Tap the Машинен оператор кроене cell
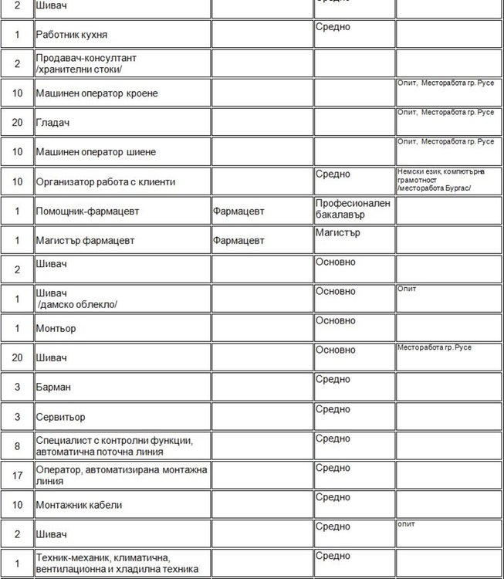[96, 93]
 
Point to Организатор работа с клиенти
[105, 182]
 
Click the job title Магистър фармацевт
[85, 240]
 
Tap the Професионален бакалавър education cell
[353, 208]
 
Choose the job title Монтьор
[55, 329]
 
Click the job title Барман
[52, 387]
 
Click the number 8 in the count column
[17, 445]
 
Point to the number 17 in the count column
[17, 476]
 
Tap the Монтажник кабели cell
[79, 505]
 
